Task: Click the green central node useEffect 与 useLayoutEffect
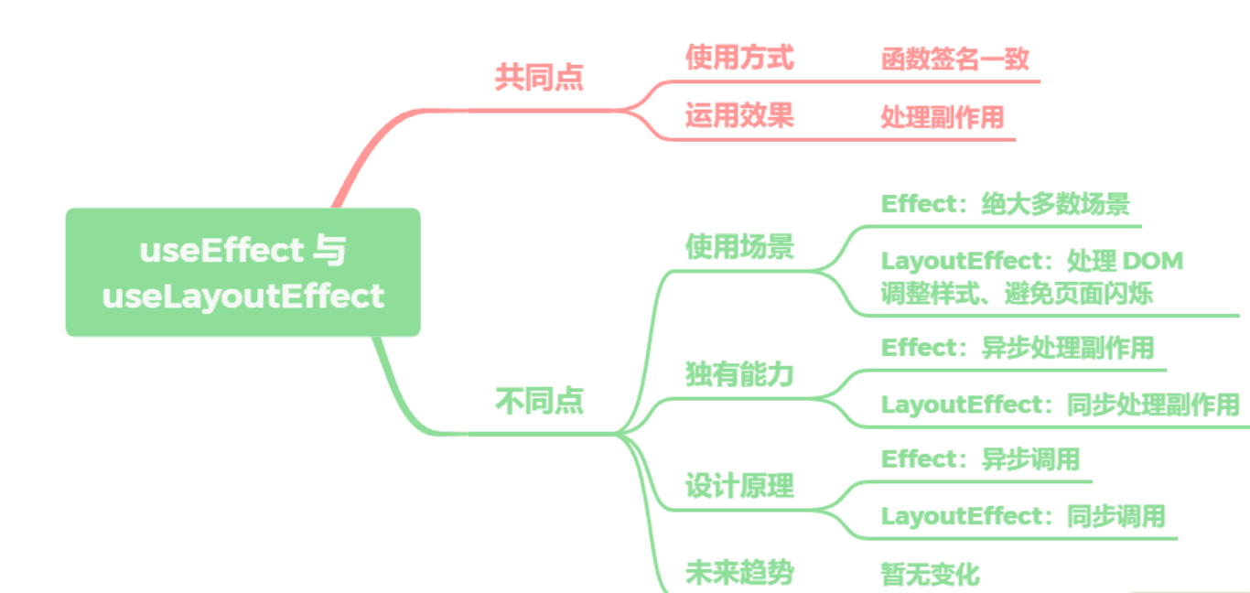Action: pyautogui.click(x=242, y=272)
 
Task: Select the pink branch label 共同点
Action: pyautogui.click(x=539, y=77)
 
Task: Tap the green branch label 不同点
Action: pyautogui.click(x=539, y=401)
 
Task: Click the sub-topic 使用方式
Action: pyautogui.click(x=739, y=58)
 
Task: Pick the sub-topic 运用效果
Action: pyautogui.click(x=739, y=115)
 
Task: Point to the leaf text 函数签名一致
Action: pyautogui.click(x=955, y=59)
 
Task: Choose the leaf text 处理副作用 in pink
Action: pyautogui.click(x=943, y=117)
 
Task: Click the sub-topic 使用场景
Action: pyautogui.click(x=739, y=246)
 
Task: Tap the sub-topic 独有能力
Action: pyautogui.click(x=739, y=373)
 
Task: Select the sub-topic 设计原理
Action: pyautogui.click(x=739, y=485)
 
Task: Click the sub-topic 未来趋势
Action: pyautogui.click(x=739, y=573)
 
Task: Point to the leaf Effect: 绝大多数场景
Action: pyautogui.click(x=1005, y=203)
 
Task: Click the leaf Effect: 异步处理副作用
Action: pyautogui.click(x=1018, y=348)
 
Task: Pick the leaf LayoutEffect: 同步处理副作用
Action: pyautogui.click(x=1060, y=404)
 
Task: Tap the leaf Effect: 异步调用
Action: pyautogui.click(x=981, y=458)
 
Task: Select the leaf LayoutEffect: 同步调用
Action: pyautogui.click(x=1023, y=515)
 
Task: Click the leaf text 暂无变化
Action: pyautogui.click(x=930, y=575)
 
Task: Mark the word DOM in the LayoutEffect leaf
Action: pyautogui.click(x=1152, y=261)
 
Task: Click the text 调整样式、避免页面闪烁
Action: pyautogui.click(x=1016, y=294)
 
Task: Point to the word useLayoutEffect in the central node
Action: pyautogui.click(x=243, y=296)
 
